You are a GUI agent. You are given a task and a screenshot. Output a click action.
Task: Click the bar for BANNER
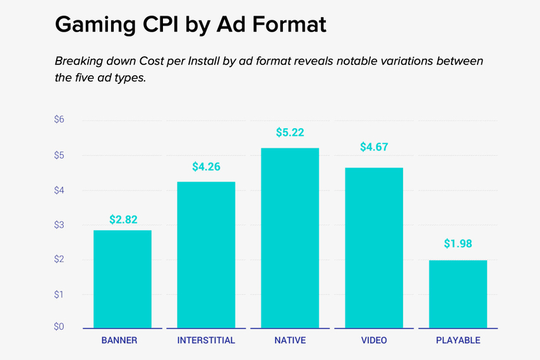123,279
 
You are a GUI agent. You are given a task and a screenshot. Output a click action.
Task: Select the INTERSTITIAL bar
206,255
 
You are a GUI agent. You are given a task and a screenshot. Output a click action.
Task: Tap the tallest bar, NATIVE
290,237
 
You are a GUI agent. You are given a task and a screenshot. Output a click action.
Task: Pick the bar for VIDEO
373,248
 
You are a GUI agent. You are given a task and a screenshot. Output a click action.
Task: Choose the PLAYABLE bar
458,294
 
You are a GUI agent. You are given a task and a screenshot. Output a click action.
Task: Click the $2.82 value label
123,220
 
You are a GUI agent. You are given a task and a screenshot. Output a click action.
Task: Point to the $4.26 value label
207,167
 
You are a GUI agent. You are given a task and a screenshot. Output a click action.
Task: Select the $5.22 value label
290,133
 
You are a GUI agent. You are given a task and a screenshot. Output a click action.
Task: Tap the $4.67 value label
374,147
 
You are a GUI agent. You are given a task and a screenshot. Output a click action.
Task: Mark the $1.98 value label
458,244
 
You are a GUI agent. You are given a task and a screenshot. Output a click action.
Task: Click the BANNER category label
119,340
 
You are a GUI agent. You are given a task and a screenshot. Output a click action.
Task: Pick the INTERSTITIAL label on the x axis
206,340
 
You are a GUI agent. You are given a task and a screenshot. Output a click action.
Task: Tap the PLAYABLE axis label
458,340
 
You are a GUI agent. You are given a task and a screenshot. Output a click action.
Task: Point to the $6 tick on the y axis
59,119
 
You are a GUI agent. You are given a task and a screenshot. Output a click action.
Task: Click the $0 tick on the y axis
59,327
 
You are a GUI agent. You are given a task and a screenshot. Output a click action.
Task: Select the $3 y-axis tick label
59,225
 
